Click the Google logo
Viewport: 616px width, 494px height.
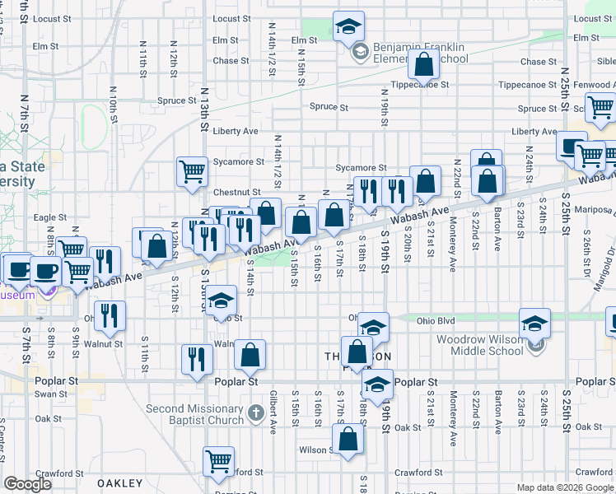click(x=28, y=483)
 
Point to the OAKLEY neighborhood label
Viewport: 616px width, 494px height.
click(x=120, y=483)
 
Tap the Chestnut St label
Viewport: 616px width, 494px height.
click(x=237, y=193)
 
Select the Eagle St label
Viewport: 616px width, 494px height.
click(x=44, y=217)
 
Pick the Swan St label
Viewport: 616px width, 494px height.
click(x=51, y=394)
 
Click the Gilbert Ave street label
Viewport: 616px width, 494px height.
click(x=273, y=412)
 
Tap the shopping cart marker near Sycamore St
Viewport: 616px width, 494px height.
click(x=192, y=171)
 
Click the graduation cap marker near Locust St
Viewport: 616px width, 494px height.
click(x=349, y=26)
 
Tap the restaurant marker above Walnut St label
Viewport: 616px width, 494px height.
click(x=109, y=315)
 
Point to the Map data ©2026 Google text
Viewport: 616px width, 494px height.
click(x=564, y=487)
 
